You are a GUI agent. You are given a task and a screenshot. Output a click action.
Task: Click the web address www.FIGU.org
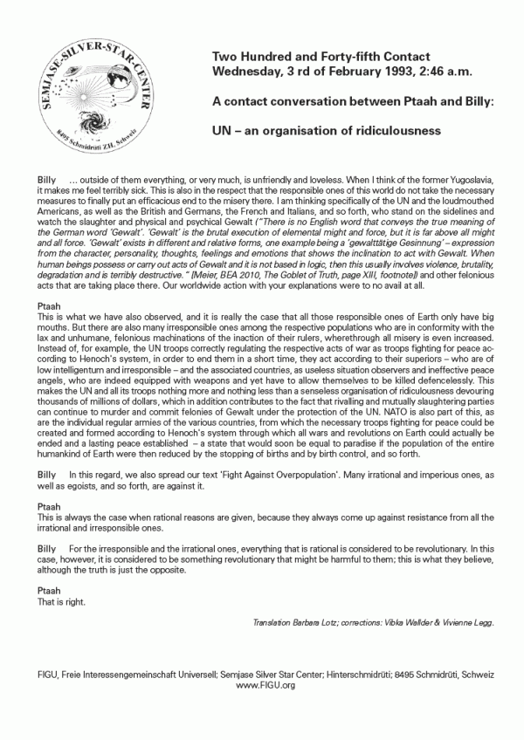pos(261,685)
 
